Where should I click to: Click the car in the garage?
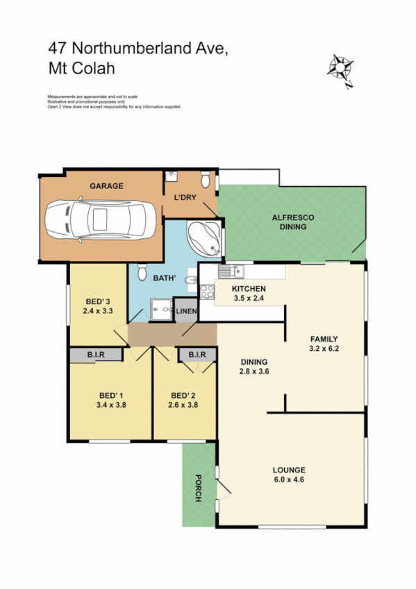[101, 222]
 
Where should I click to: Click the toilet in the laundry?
[205, 181]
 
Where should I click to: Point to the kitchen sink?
[229, 272]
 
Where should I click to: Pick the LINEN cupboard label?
[186, 310]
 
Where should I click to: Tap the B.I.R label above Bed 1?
[96, 355]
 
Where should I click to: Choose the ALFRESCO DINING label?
[292, 222]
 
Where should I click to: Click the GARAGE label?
[106, 186]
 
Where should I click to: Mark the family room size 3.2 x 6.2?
[324, 349]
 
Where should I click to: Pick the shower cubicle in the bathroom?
[161, 306]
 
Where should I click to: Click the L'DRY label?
[185, 198]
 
